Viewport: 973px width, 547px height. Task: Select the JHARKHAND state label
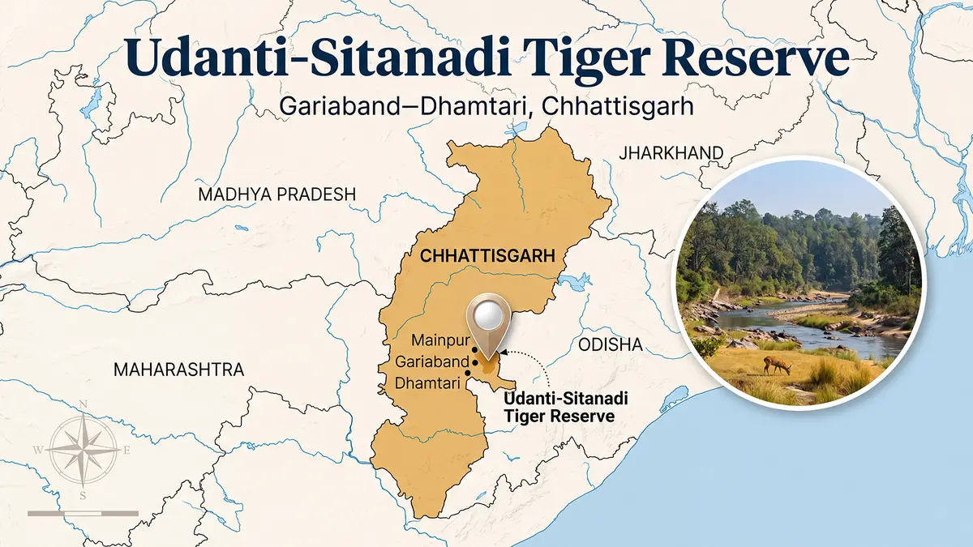click(x=670, y=152)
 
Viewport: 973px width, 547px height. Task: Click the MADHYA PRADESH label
click(x=277, y=194)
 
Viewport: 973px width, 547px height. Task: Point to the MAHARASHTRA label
click(x=178, y=370)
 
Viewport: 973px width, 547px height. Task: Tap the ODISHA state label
click(x=611, y=345)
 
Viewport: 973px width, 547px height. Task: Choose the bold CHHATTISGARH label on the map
click(x=486, y=256)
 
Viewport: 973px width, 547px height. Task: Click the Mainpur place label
click(x=437, y=340)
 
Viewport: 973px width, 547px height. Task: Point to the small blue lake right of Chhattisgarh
click(x=574, y=282)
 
